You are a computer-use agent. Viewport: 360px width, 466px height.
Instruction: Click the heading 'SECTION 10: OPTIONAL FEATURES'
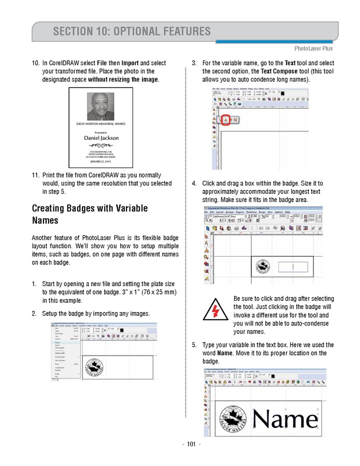coord(132,31)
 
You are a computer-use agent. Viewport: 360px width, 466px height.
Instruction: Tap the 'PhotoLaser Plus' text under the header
coord(313,48)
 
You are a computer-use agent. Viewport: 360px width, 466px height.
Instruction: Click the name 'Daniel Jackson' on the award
coord(101,138)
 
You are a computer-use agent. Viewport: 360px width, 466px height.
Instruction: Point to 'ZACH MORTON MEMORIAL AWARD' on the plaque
coord(101,124)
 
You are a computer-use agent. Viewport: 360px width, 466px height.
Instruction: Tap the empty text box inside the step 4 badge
coord(293,267)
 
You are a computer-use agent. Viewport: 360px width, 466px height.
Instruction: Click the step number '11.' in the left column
coord(36,175)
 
